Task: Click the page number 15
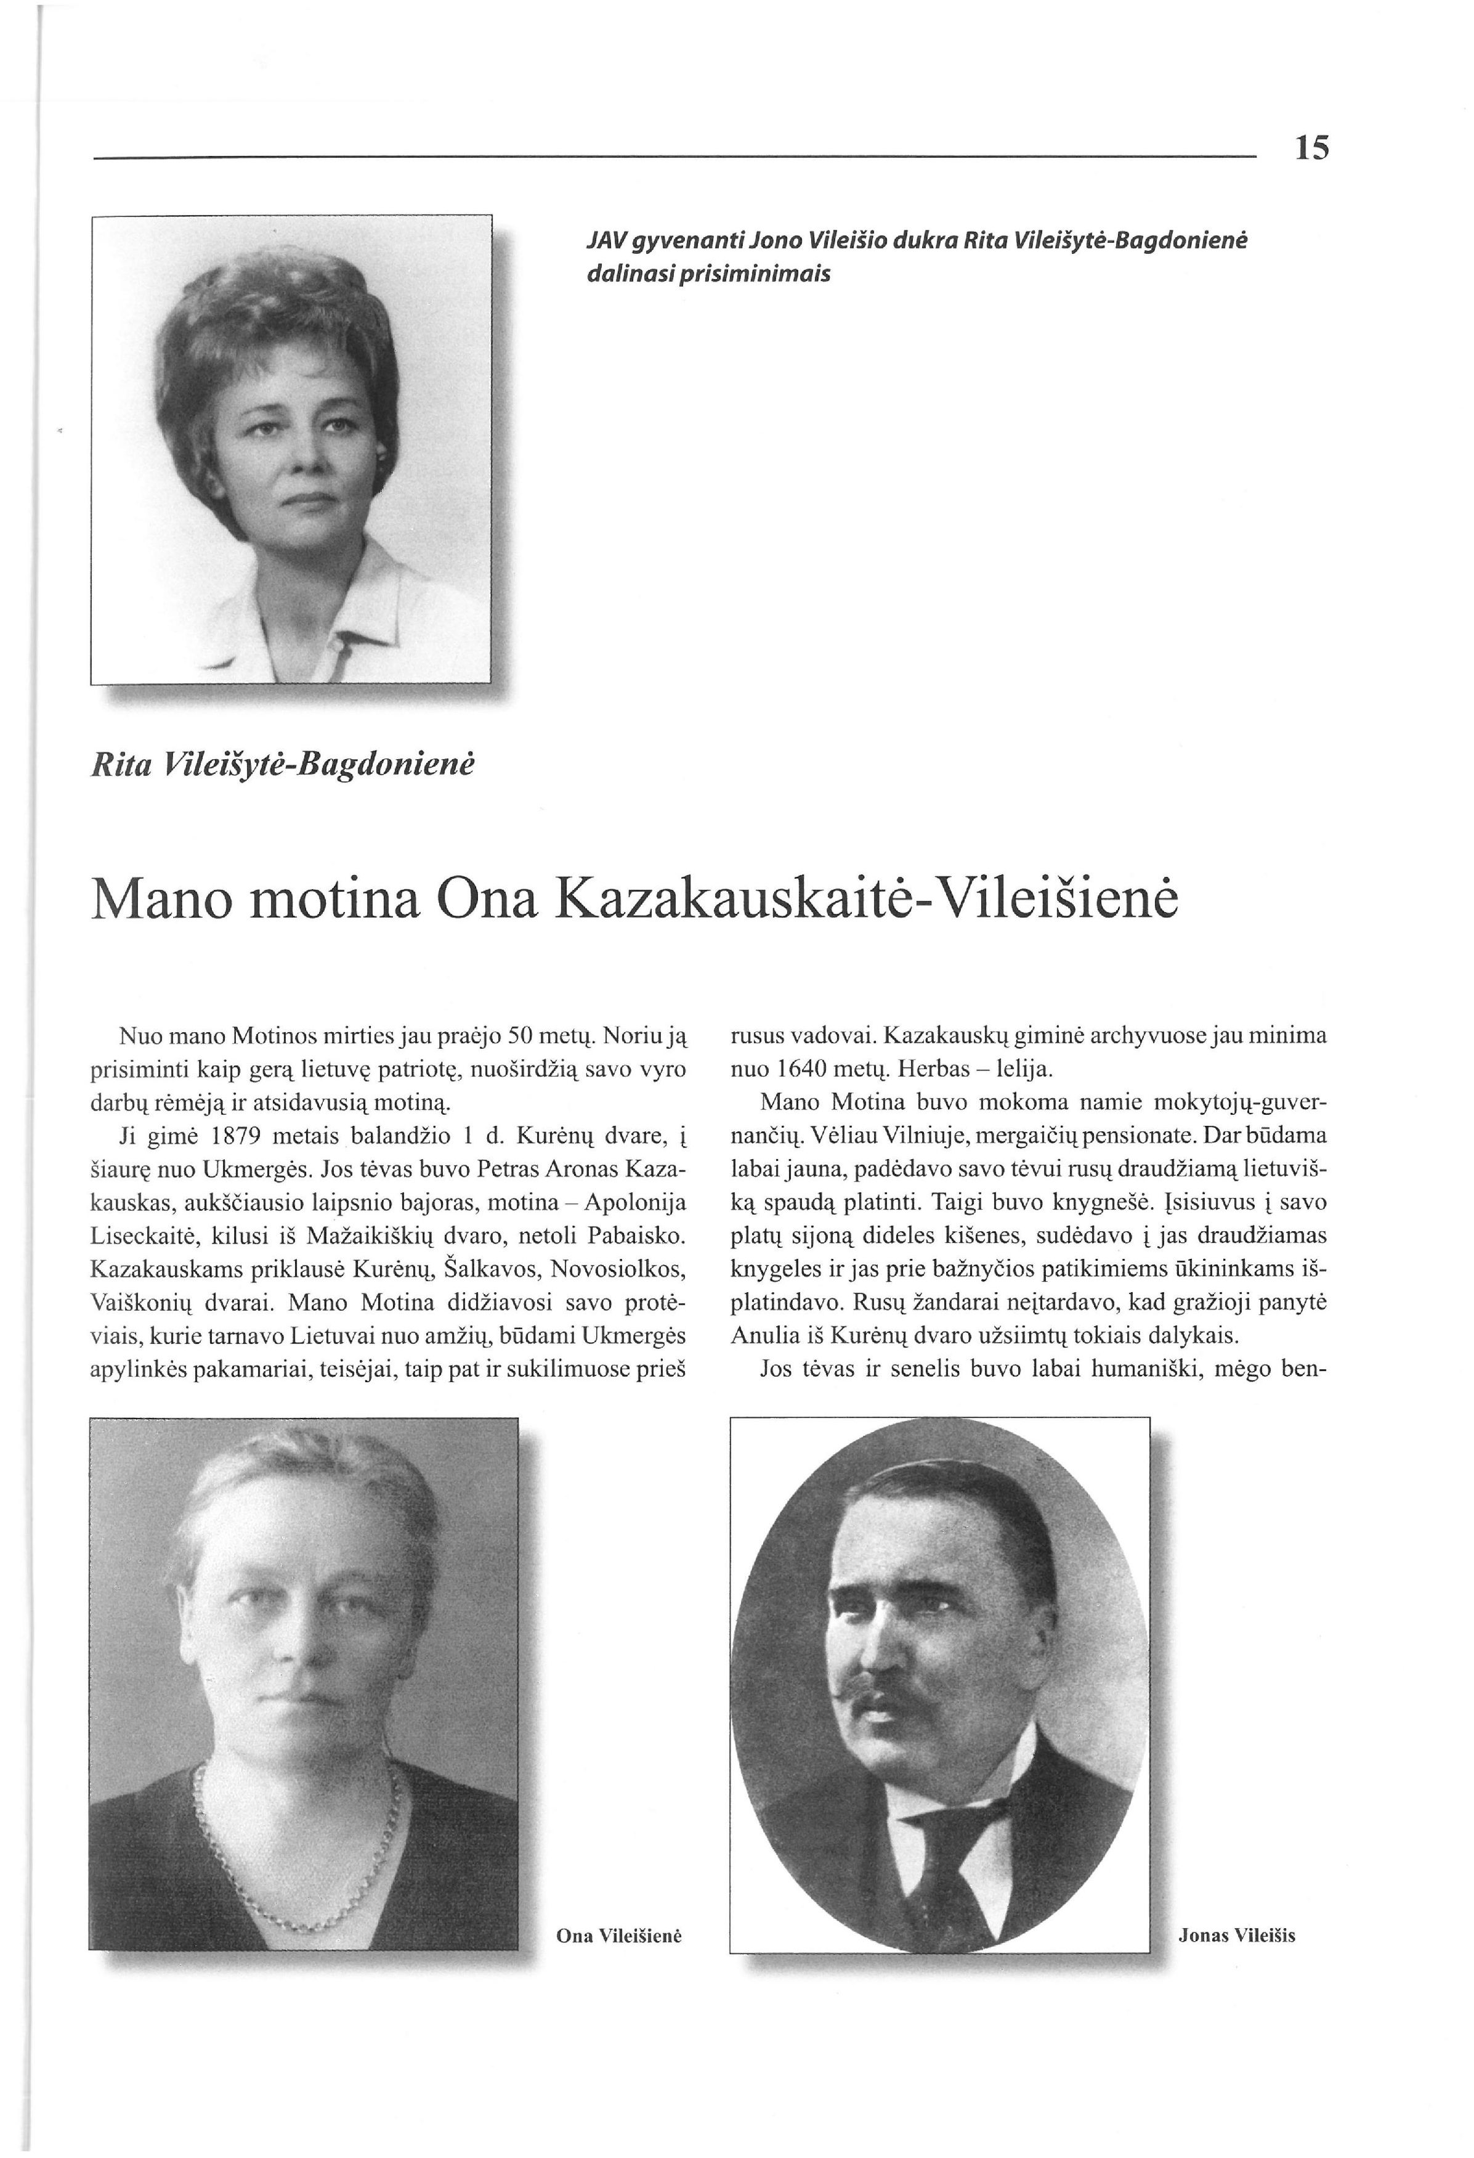click(x=1311, y=148)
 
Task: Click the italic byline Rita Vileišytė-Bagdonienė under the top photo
click(x=282, y=764)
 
